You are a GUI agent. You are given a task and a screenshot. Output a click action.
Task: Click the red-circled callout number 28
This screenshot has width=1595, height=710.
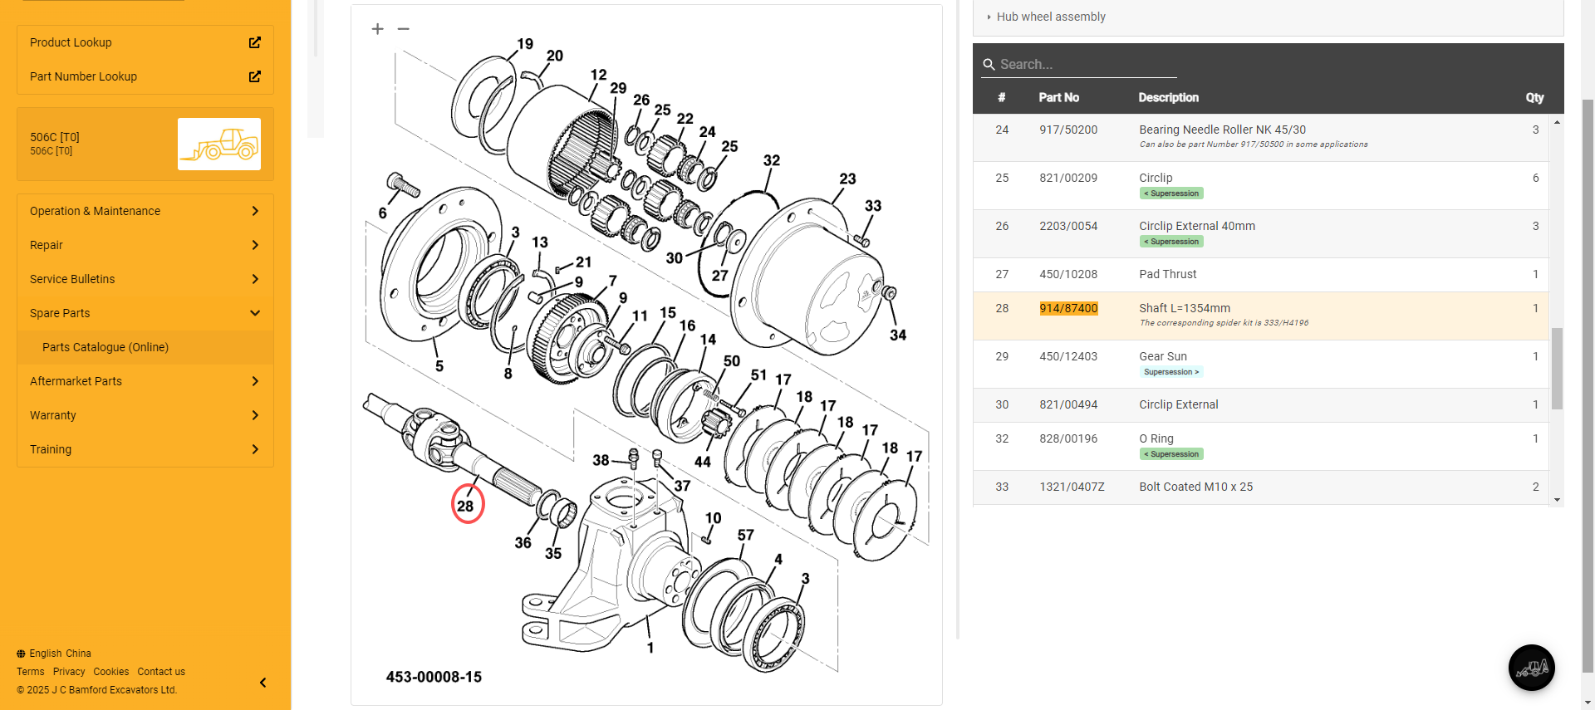(467, 505)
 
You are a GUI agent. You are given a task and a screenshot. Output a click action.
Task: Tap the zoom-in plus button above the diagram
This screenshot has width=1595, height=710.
(378, 29)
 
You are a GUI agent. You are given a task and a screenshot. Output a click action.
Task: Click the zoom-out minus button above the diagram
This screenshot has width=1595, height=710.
(404, 29)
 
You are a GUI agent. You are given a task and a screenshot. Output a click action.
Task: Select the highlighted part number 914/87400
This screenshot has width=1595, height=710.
(1068, 308)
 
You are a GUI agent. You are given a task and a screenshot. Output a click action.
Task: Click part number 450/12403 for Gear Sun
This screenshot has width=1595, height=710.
(1068, 356)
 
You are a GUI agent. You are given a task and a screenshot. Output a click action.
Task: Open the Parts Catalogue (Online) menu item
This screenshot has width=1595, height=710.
(106, 347)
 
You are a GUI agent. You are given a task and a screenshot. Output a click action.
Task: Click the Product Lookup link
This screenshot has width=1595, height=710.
(71, 42)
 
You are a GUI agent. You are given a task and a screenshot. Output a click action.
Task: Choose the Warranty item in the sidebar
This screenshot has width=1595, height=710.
(53, 415)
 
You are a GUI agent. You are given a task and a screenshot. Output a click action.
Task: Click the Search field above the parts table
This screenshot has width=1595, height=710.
(1080, 64)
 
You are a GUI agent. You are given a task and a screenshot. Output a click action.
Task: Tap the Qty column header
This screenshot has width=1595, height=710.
(1534, 97)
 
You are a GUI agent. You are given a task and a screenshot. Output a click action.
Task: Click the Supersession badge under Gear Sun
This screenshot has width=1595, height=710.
(1170, 372)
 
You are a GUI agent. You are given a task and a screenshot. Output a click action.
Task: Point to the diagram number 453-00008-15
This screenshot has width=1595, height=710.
(434, 677)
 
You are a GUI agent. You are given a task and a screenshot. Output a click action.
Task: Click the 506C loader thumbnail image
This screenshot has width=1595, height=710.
(219, 144)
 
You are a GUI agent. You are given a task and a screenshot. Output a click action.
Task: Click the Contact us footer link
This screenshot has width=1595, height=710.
(161, 672)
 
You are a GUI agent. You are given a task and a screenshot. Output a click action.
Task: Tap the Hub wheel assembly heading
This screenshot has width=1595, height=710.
(1051, 17)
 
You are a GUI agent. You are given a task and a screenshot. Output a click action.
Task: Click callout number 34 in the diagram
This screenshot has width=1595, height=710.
(898, 335)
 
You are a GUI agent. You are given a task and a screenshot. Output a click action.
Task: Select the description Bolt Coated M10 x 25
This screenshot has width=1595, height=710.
(1195, 487)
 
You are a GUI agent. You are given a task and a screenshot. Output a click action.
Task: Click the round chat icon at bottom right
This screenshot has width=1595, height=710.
(1531, 668)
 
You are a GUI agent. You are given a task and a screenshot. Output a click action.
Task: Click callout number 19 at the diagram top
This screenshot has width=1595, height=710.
(525, 44)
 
